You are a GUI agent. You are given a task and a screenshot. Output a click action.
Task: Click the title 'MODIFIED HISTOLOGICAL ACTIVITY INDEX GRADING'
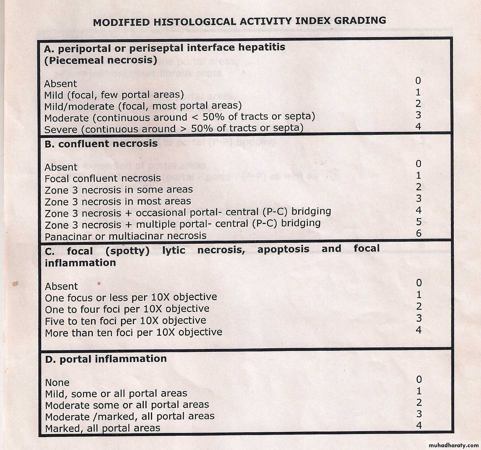239,21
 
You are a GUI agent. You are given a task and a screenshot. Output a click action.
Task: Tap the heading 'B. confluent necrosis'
101,143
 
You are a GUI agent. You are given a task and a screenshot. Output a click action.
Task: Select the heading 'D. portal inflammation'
106,359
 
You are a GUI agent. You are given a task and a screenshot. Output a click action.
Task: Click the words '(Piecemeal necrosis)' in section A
100,60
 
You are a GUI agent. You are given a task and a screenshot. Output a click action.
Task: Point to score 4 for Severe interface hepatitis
418,126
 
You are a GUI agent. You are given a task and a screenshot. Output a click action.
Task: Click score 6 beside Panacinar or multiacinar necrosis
419,233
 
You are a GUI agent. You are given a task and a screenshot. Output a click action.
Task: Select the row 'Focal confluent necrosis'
103,178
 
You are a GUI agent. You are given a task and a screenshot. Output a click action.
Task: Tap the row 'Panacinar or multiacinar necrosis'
126,236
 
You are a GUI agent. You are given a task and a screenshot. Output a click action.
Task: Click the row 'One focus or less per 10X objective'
131,297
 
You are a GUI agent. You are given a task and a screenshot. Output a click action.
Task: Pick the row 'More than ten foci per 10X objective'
134,333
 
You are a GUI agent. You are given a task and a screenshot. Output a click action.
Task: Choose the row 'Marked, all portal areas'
103,428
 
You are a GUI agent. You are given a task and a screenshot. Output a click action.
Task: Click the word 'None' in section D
57,382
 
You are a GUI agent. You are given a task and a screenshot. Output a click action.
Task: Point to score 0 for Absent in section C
419,283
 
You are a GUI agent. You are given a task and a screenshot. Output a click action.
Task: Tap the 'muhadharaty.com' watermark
453,445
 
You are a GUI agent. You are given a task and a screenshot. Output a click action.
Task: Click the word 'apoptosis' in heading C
283,249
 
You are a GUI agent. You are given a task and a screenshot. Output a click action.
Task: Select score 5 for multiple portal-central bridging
419,222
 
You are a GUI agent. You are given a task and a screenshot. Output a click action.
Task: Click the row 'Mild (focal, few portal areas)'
114,95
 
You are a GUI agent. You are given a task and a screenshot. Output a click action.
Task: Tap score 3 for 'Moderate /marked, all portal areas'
419,414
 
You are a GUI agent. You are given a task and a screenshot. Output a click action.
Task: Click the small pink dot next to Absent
99,284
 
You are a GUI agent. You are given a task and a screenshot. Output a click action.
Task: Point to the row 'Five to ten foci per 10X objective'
125,321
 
